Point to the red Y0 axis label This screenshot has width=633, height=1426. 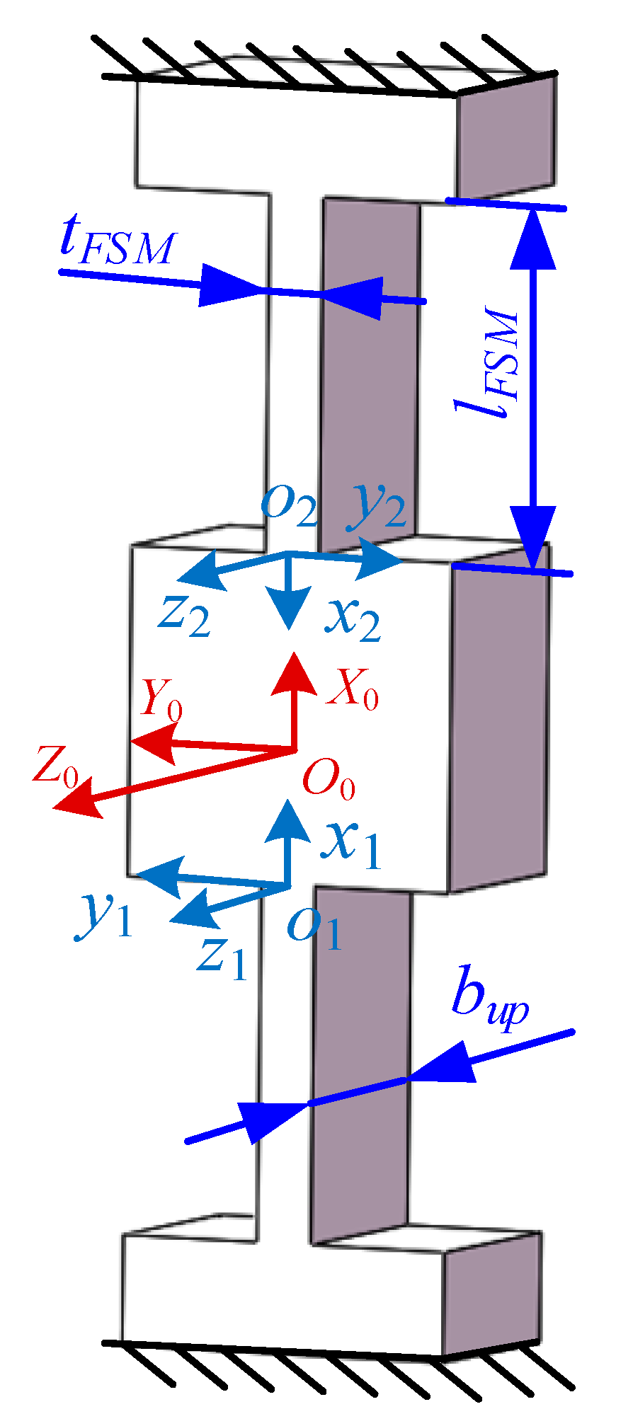point(161,699)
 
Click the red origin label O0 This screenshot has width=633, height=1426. point(328,779)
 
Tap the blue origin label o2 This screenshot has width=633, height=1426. point(289,505)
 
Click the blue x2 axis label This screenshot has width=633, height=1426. point(352,619)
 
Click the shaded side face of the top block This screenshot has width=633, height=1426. point(504,138)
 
